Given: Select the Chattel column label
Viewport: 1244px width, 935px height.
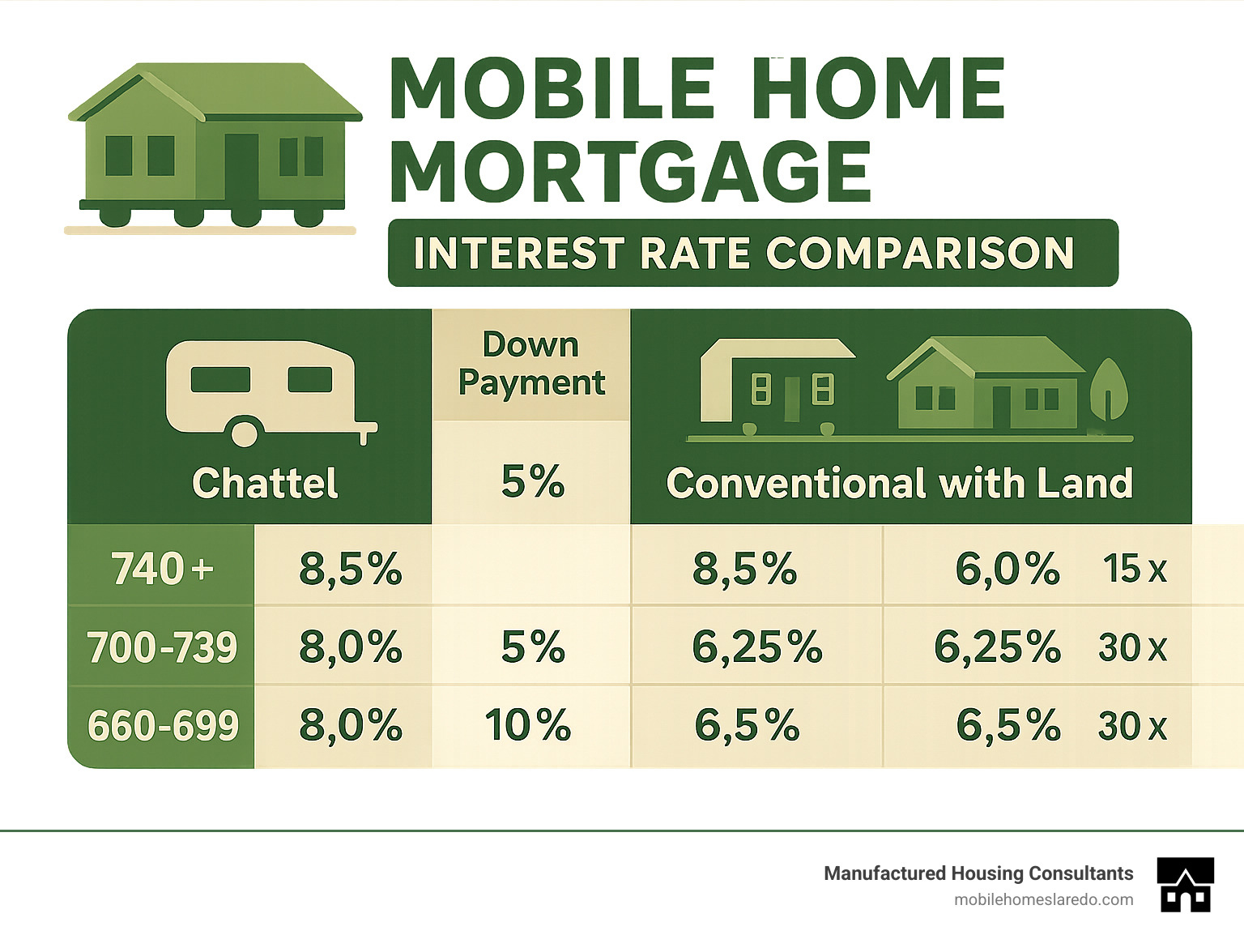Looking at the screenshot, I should [x=265, y=483].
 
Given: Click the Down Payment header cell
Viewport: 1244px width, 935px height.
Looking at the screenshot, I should [x=531, y=364].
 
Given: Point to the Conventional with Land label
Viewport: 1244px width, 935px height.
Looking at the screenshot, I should [x=899, y=483].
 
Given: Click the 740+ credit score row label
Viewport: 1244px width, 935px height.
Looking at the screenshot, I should [x=162, y=568].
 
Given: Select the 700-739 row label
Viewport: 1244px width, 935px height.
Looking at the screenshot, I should [x=162, y=647].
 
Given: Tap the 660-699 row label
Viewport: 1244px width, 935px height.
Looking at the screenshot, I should [x=162, y=725].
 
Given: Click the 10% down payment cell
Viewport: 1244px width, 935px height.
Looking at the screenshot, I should [x=528, y=725].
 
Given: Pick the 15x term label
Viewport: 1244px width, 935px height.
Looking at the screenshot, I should [x=1134, y=568].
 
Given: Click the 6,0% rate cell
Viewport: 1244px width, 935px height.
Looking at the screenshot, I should [x=1008, y=568].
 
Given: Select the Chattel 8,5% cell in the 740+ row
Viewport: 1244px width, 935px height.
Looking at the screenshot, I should [x=351, y=568].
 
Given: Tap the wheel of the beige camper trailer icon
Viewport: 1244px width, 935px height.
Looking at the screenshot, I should [x=245, y=432].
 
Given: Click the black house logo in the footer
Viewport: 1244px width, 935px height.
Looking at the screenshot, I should [x=1186, y=884].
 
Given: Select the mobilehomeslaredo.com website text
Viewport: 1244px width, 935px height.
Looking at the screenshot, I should [x=1043, y=899].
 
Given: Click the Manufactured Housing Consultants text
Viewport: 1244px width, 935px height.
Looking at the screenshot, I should [x=978, y=873].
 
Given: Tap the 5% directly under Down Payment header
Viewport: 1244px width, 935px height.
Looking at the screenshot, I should [x=532, y=481].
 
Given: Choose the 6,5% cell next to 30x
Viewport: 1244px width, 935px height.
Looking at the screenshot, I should [x=1008, y=725].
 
